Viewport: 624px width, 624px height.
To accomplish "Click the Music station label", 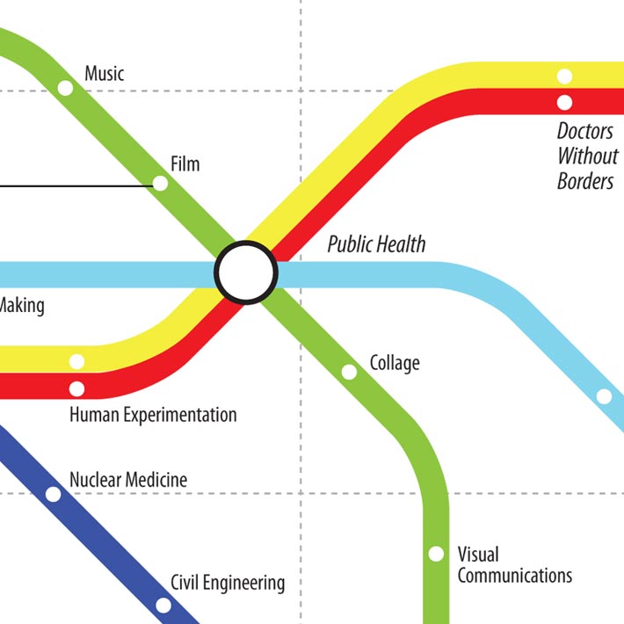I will coord(104,73).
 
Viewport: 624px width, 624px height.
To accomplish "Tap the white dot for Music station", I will coord(65,88).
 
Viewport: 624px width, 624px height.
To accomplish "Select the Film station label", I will coord(185,164).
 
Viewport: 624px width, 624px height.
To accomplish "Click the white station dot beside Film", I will coord(160,184).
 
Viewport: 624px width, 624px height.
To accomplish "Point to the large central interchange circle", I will coord(246,273).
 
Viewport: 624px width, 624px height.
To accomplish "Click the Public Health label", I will coord(376,244).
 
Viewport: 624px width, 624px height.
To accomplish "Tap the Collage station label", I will coord(395,363).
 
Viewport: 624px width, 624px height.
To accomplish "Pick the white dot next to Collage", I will coord(349,373).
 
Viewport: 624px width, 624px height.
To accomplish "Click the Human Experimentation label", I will coord(153,415).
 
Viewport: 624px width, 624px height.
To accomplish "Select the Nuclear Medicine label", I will coord(128,480).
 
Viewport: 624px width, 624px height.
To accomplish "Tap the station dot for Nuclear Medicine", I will coord(53,495).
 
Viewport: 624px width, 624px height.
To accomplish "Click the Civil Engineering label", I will coord(228,582).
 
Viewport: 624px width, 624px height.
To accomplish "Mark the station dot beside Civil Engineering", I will coord(163,605).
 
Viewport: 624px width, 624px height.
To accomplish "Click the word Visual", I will coord(478,555).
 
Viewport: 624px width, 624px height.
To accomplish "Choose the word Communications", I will coord(514,577).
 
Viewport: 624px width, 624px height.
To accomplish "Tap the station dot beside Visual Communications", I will coord(435,554).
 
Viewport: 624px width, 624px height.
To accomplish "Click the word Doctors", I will coord(585,132).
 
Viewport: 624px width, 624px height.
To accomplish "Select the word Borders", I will coord(585,182).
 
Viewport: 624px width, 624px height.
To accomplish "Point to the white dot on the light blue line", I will coord(604,396).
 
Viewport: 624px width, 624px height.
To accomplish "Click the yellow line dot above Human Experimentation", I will coord(76,361).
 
